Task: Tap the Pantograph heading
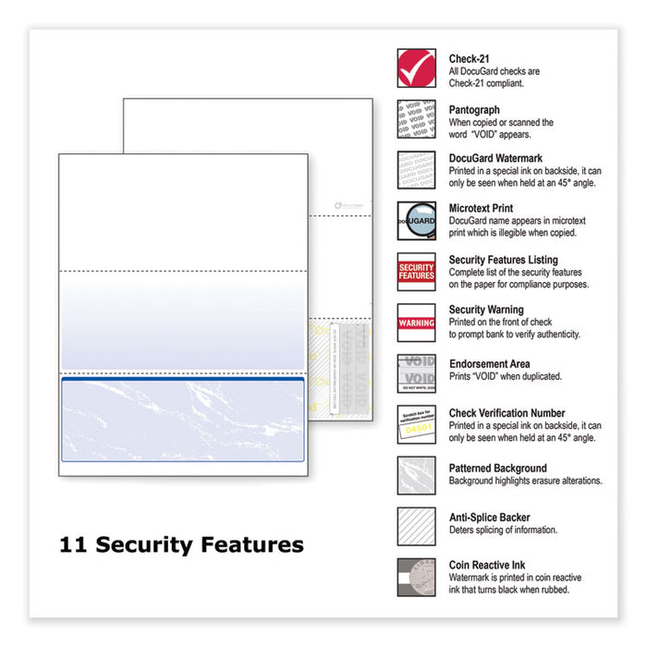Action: (476, 107)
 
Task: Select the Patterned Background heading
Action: (497, 468)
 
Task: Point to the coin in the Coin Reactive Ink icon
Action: (423, 577)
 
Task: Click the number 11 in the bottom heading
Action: (72, 545)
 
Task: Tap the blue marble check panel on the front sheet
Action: (182, 421)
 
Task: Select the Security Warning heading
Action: (486, 311)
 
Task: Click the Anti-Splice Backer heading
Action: (490, 518)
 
